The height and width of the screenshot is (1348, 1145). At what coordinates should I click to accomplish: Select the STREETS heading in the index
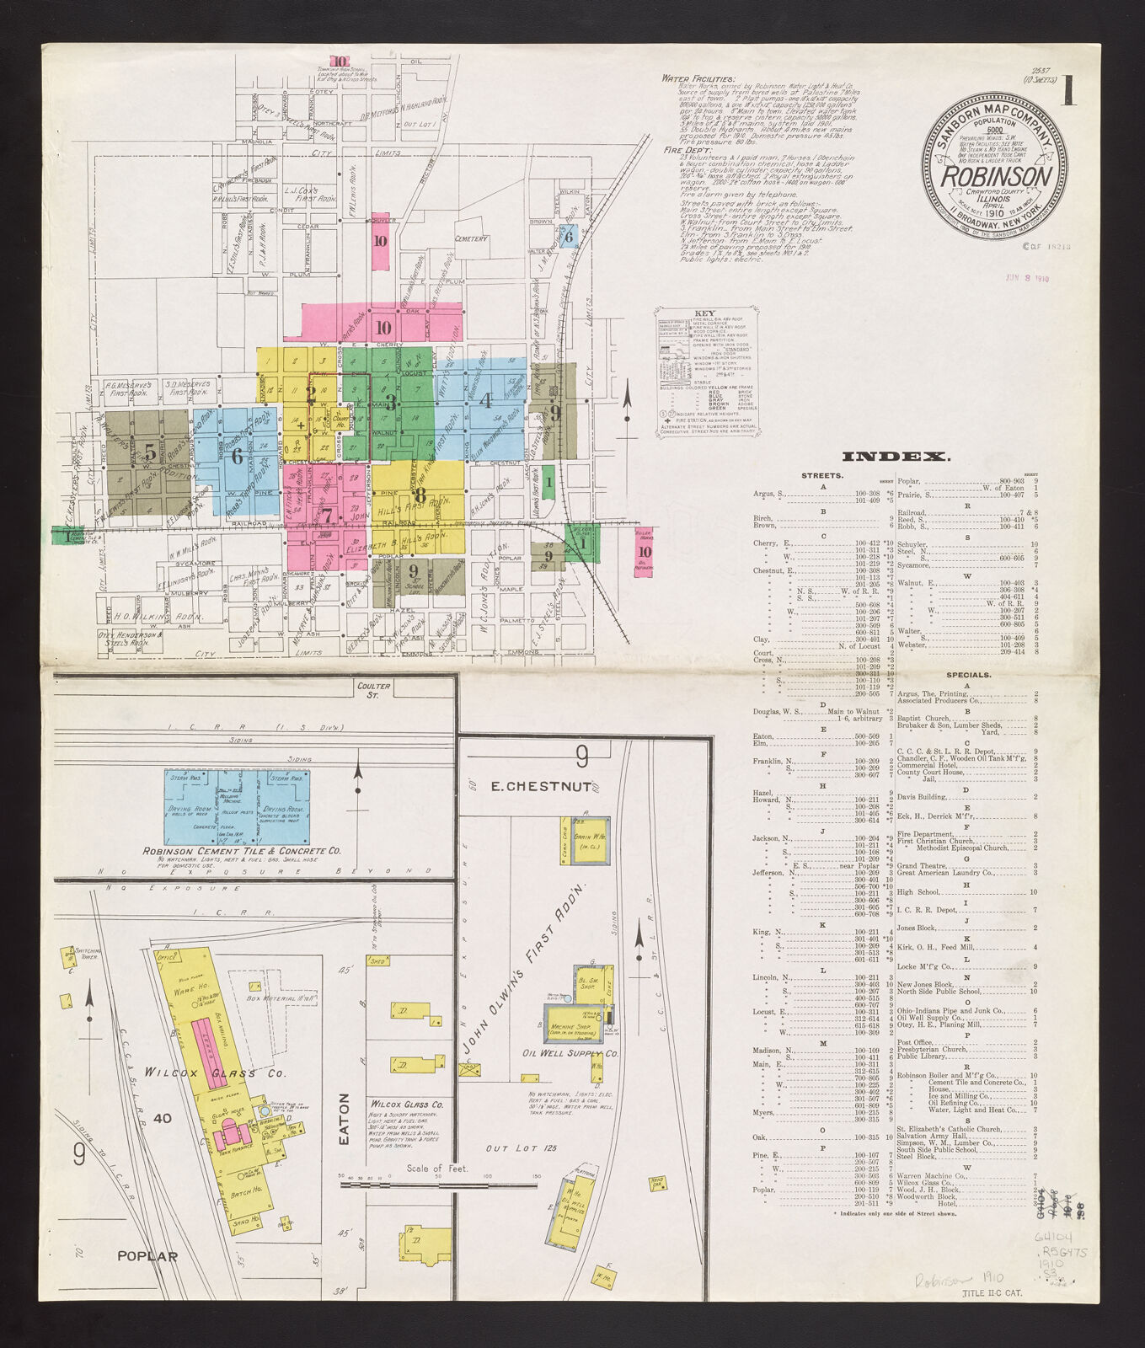(821, 476)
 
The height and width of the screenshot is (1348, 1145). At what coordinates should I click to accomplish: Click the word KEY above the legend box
(704, 313)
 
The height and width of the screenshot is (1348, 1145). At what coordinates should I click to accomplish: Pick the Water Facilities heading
(698, 78)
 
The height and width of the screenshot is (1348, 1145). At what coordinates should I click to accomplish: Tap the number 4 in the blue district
(485, 401)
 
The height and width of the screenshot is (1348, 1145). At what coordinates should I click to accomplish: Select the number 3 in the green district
(390, 401)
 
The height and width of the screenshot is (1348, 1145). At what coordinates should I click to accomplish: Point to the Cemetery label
(472, 238)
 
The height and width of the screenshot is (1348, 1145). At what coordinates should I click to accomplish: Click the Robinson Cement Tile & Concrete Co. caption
(241, 851)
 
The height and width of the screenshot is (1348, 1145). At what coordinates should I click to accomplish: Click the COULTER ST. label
(373, 690)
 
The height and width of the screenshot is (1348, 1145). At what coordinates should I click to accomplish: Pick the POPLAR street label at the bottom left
(147, 1256)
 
